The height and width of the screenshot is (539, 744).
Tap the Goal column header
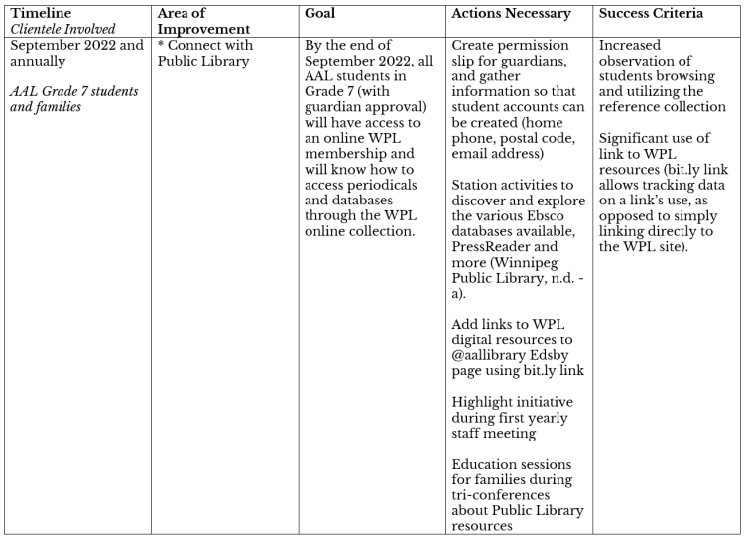[321, 14]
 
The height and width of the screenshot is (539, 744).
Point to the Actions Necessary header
[511, 14]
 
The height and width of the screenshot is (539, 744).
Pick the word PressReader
[494, 280]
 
